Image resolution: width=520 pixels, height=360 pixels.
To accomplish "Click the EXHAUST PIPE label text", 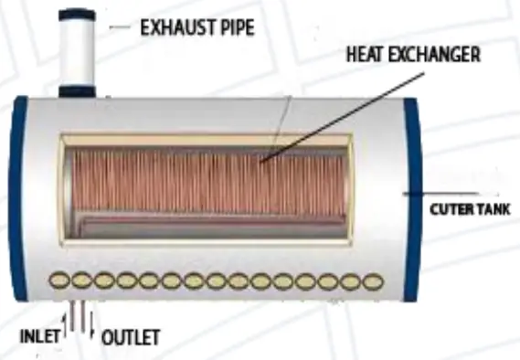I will (195, 26).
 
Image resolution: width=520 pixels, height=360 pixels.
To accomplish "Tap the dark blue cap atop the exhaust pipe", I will (77, 15).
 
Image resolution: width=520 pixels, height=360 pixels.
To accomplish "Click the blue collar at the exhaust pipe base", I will (77, 90).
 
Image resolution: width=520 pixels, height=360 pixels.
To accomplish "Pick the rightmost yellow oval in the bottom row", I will (371, 281).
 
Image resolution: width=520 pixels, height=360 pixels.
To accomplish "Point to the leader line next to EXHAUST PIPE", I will (120, 27).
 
